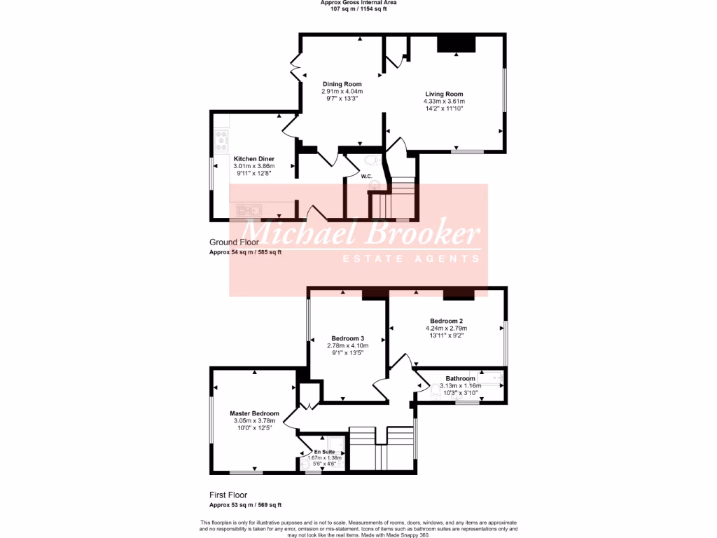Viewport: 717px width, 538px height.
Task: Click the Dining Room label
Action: pos(342,84)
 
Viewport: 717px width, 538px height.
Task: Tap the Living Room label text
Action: pos(444,94)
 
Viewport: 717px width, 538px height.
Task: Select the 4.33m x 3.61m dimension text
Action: pos(444,102)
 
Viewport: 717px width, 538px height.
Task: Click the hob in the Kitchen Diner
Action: pos(222,140)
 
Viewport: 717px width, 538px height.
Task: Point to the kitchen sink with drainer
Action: pos(249,209)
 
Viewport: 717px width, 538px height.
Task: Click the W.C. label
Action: pos(366,176)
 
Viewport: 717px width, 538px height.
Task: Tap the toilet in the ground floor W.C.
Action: pos(372,160)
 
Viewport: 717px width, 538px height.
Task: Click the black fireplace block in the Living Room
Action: pos(457,43)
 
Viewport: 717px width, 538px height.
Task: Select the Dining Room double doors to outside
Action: pos(297,67)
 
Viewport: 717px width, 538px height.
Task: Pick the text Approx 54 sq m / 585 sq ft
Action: pos(245,251)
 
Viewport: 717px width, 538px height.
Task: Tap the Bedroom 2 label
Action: pos(446,321)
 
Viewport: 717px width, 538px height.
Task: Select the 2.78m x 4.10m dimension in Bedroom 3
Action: pos(347,345)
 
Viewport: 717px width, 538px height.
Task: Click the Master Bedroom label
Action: pos(254,413)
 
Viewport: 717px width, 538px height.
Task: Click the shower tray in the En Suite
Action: pos(336,444)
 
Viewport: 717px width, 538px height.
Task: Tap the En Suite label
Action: pos(323,452)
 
